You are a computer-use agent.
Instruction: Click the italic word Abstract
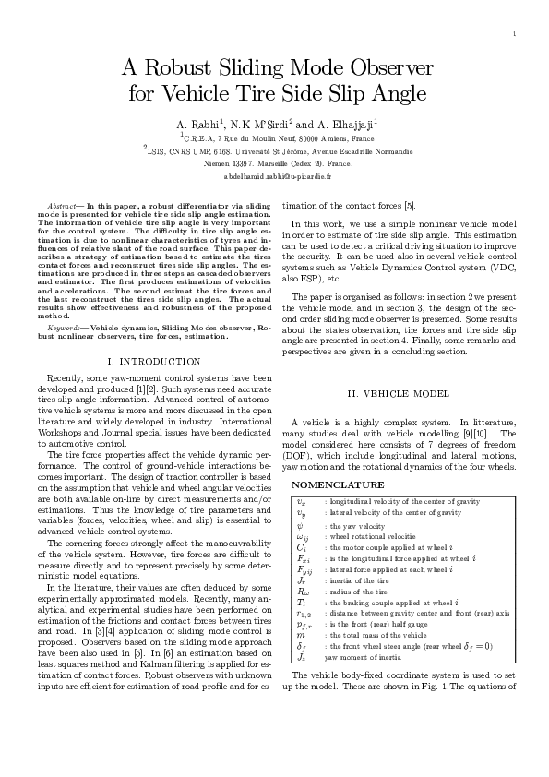click(x=63, y=200)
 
